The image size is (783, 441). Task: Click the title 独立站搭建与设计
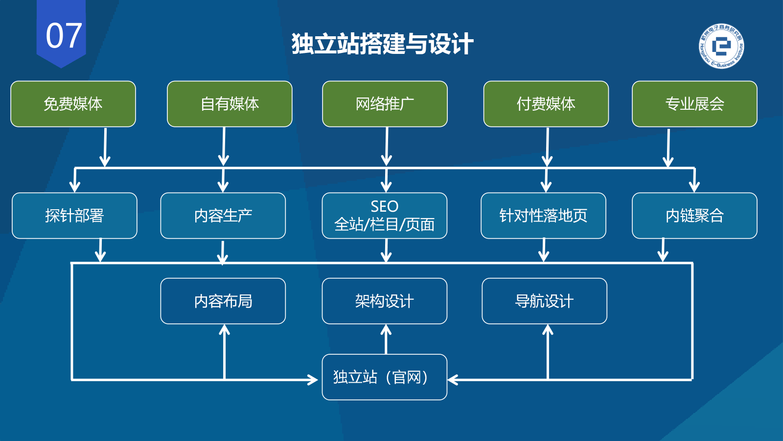(x=382, y=44)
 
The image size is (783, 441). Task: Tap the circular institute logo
(x=721, y=46)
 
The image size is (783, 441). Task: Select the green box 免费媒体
(x=73, y=104)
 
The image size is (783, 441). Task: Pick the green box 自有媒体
(x=230, y=104)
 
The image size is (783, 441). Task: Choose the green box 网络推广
(x=385, y=104)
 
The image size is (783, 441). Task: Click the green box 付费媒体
(x=546, y=104)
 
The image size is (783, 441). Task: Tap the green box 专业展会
(x=694, y=104)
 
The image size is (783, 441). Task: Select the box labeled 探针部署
(x=74, y=216)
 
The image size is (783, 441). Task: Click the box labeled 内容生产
(x=223, y=216)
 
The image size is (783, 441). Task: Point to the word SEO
(x=384, y=206)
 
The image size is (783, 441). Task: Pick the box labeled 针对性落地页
(x=543, y=216)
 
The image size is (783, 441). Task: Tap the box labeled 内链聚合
(x=694, y=216)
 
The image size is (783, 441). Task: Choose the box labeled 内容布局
(x=223, y=301)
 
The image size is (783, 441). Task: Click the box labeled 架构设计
(x=384, y=301)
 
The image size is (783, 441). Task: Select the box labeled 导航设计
(x=544, y=301)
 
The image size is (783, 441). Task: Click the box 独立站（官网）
(x=384, y=377)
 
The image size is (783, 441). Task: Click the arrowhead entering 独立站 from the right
(x=453, y=380)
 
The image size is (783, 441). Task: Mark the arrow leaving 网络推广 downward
(x=387, y=147)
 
